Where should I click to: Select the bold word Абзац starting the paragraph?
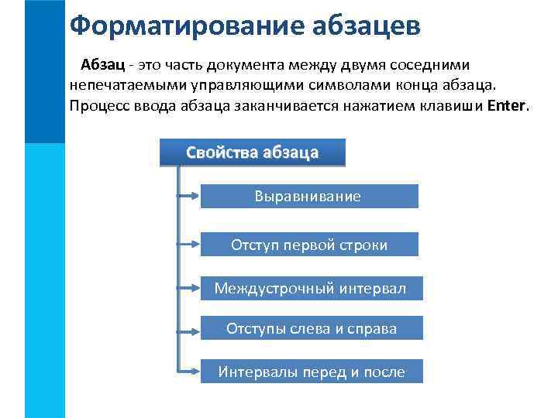point(102,65)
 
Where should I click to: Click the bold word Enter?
point(507,105)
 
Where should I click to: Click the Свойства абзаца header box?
point(252,152)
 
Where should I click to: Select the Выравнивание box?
point(308,197)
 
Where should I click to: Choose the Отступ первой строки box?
point(308,245)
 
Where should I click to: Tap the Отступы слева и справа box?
point(311,328)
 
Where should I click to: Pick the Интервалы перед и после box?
point(311,372)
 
